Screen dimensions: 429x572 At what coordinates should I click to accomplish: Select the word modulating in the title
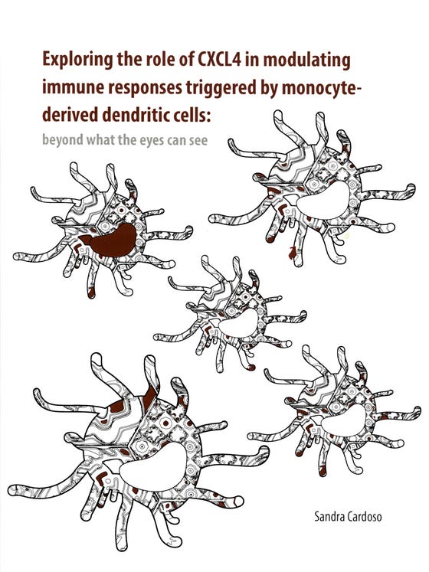pyautogui.click(x=306, y=61)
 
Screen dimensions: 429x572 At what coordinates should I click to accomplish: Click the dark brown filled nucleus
pyautogui.click(x=110, y=241)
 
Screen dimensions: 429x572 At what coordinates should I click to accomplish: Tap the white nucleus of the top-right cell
pyautogui.click(x=323, y=201)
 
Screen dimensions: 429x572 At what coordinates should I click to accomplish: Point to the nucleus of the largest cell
pyautogui.click(x=152, y=468)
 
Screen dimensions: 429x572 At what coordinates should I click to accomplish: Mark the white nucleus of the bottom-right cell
pyautogui.click(x=343, y=420)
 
